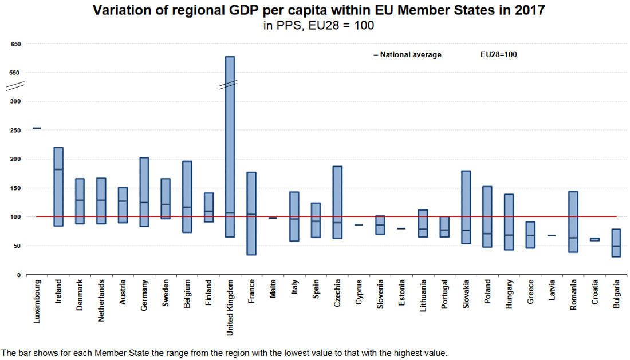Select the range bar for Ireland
pos(58,187)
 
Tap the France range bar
pos(251,213)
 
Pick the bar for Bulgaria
pos(616,243)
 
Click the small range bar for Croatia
pos(594,239)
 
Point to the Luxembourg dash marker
pos(37,128)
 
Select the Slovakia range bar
pos(466,207)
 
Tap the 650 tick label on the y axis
pos(15,44)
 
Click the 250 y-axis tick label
pos(15,130)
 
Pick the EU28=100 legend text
pos(499,55)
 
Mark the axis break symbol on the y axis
pos(15,86)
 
